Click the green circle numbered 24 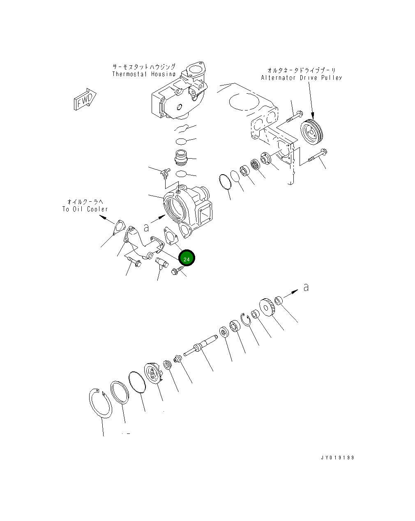(x=187, y=258)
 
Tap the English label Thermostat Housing (x=144, y=74)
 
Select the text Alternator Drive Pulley (x=302, y=78)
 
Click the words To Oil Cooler (x=85, y=209)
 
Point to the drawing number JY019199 (x=337, y=457)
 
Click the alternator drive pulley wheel (x=313, y=132)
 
